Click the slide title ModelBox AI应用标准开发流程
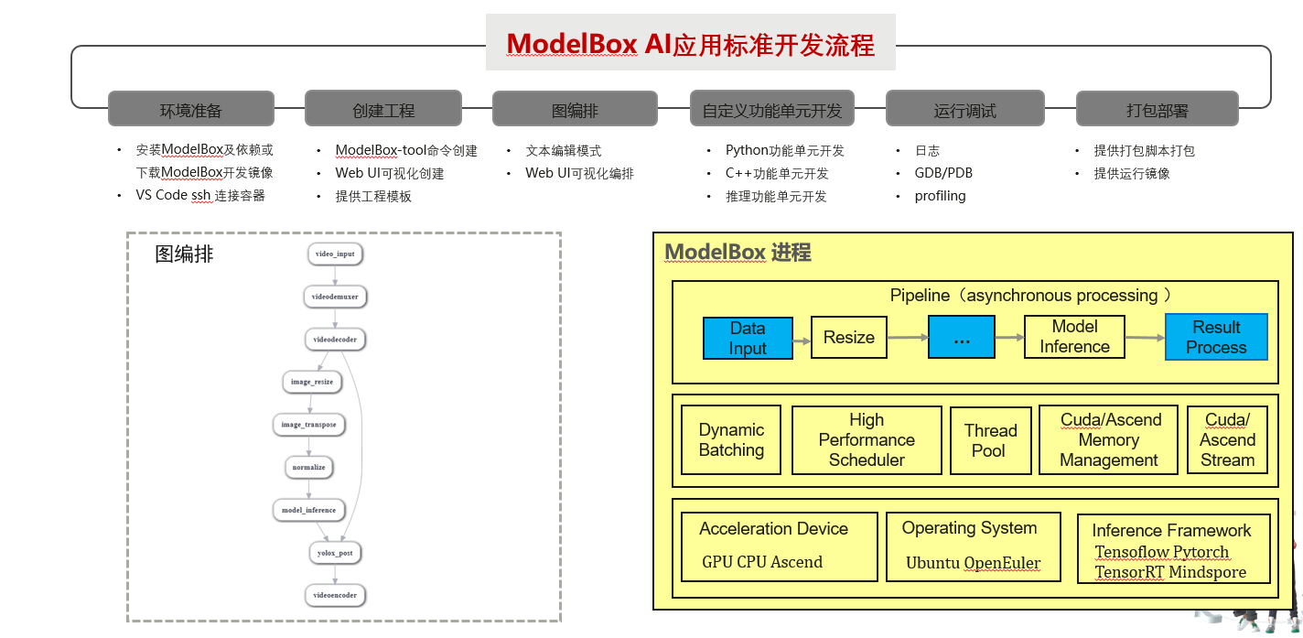coord(690,43)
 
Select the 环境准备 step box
coord(190,110)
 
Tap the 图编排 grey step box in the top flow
coord(575,110)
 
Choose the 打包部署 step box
coord(1157,110)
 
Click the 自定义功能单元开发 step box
coord(771,110)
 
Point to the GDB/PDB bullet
coord(943,173)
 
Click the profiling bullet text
coord(940,196)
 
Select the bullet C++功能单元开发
coord(777,173)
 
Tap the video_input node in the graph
coord(335,254)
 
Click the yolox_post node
coord(334,553)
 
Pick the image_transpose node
coord(308,425)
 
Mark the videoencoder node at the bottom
coord(334,595)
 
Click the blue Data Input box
coord(748,338)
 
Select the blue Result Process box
coord(1216,338)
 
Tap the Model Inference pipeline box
coord(1074,337)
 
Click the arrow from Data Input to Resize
coord(802,341)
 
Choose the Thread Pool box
coord(990,440)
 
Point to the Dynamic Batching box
coord(731,440)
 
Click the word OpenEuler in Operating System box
coord(1002,563)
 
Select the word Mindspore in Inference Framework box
coord(1208,572)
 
